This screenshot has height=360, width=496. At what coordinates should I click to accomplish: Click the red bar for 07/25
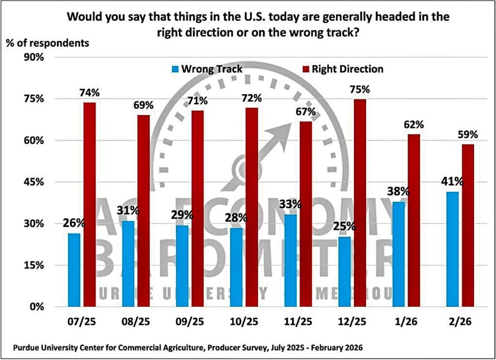pos(90,205)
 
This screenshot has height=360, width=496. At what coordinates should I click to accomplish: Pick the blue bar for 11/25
pos(290,260)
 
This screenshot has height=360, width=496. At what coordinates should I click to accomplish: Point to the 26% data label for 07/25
pos(74,224)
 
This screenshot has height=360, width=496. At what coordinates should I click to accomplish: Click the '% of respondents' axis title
pos(47,42)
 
